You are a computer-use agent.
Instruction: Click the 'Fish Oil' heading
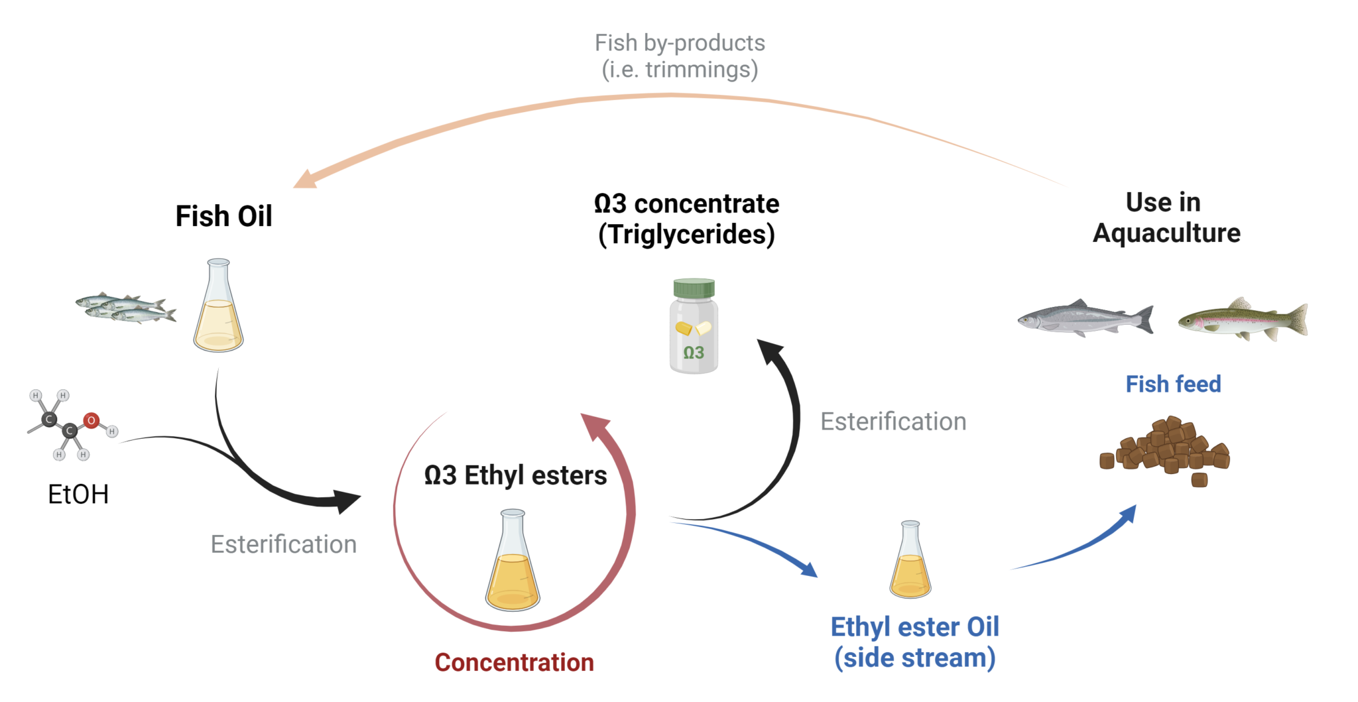coord(223,216)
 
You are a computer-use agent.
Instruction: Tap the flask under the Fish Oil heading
coord(218,312)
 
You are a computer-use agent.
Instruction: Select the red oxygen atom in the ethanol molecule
coord(92,420)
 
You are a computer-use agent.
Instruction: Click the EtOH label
coord(78,495)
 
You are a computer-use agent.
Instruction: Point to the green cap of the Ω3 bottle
coord(694,288)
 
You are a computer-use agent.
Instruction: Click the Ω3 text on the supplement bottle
coord(694,353)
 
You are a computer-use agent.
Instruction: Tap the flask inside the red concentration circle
coord(513,567)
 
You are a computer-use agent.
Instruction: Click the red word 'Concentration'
coord(514,662)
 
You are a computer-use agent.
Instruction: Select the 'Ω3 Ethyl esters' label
coord(515,475)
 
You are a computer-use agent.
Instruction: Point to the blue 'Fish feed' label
coord(1173,384)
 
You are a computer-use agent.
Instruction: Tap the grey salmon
coord(1084,319)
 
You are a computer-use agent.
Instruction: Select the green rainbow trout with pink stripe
coord(1241,320)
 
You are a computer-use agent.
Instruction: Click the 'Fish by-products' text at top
coord(680,43)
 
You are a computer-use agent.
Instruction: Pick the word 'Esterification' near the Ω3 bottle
coord(893,422)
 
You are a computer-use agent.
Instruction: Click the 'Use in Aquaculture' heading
coord(1166,217)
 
